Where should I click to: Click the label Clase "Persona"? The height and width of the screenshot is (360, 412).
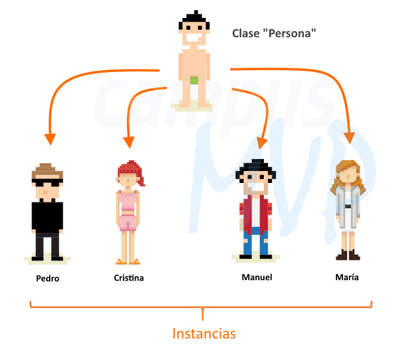[x=274, y=34]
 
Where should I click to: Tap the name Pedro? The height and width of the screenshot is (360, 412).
[x=47, y=278]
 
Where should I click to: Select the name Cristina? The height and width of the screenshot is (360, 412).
[x=129, y=278]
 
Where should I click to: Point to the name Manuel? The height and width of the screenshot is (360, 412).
[x=257, y=277]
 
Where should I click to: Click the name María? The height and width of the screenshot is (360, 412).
[x=347, y=277]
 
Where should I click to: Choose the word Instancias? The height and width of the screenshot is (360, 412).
[x=204, y=334]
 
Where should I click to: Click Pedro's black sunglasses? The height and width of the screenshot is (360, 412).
[x=47, y=182]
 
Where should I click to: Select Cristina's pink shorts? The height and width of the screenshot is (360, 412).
[x=128, y=223]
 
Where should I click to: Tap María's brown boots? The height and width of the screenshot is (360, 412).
[x=348, y=254]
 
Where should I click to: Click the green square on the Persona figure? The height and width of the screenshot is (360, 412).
[x=194, y=80]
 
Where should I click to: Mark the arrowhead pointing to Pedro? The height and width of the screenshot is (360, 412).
[x=50, y=139]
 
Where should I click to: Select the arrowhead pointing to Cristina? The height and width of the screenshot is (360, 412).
[x=129, y=142]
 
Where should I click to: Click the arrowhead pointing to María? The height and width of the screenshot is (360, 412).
[x=349, y=138]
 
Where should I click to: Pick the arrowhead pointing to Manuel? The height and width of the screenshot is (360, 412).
[x=261, y=143]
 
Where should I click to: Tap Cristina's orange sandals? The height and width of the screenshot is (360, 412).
[x=128, y=262]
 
